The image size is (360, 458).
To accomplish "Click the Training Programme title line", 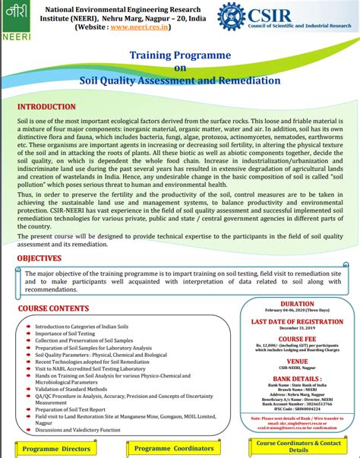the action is [x=179, y=55].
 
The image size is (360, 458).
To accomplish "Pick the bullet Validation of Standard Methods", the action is [x=75, y=388].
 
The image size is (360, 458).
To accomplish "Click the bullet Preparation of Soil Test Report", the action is [x=79, y=409].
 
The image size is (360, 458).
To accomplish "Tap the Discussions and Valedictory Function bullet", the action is [x=78, y=430].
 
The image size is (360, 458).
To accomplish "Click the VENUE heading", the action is [x=297, y=362].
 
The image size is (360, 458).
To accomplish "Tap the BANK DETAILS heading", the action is [x=297, y=377].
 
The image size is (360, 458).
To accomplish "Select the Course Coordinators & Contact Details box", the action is [x=298, y=446].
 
